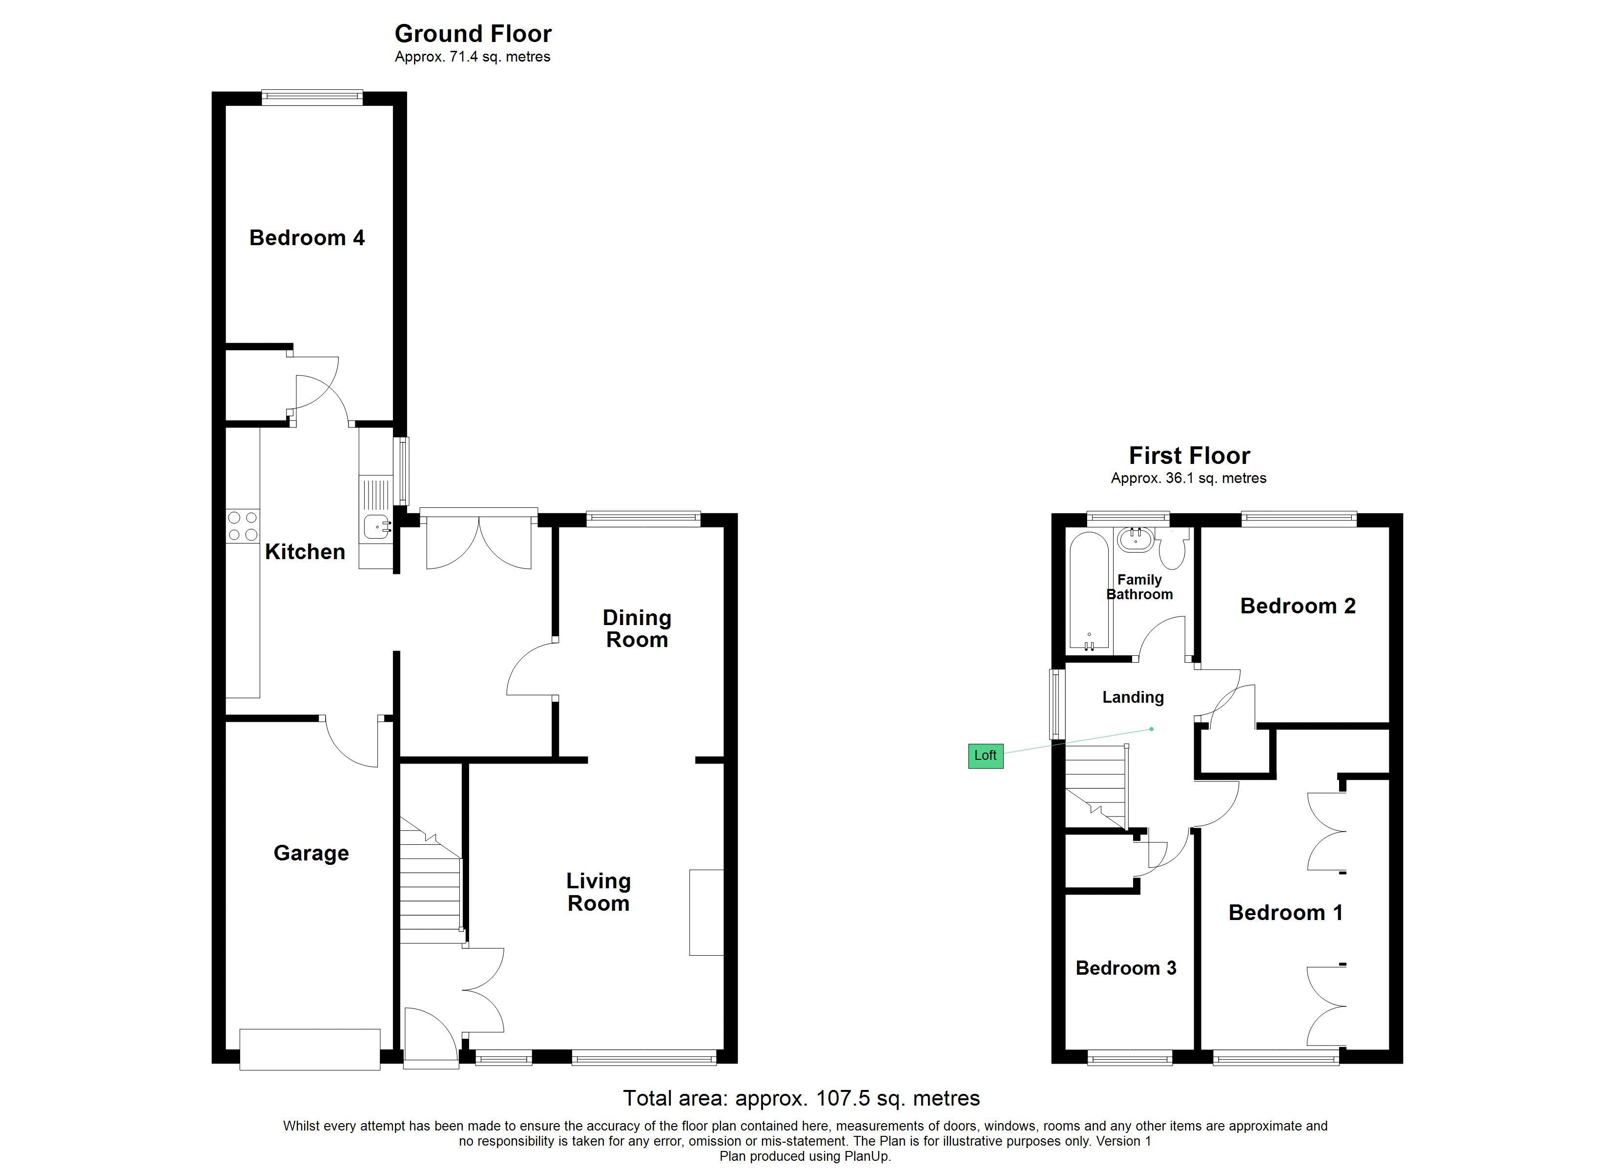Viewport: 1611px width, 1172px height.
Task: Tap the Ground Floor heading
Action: pyautogui.click(x=473, y=33)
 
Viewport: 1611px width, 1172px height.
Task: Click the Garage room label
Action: pyautogui.click(x=311, y=853)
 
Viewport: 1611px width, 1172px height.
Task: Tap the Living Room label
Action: pyautogui.click(x=598, y=892)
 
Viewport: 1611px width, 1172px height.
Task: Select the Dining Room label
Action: pyautogui.click(x=637, y=628)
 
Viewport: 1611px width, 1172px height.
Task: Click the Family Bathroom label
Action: pyautogui.click(x=1139, y=587)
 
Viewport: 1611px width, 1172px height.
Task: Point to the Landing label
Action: pyautogui.click(x=1133, y=697)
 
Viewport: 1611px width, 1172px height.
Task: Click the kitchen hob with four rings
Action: pyautogui.click(x=242, y=526)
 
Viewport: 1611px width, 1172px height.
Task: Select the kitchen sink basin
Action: pyautogui.click(x=377, y=526)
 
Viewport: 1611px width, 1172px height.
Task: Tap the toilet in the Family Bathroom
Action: pyautogui.click(x=1173, y=549)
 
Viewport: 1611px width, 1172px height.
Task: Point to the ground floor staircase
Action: pyautogui.click(x=431, y=880)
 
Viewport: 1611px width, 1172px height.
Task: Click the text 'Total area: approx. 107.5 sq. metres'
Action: pyautogui.click(x=801, y=1098)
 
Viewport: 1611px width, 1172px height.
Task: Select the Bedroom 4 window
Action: pyautogui.click(x=312, y=98)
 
